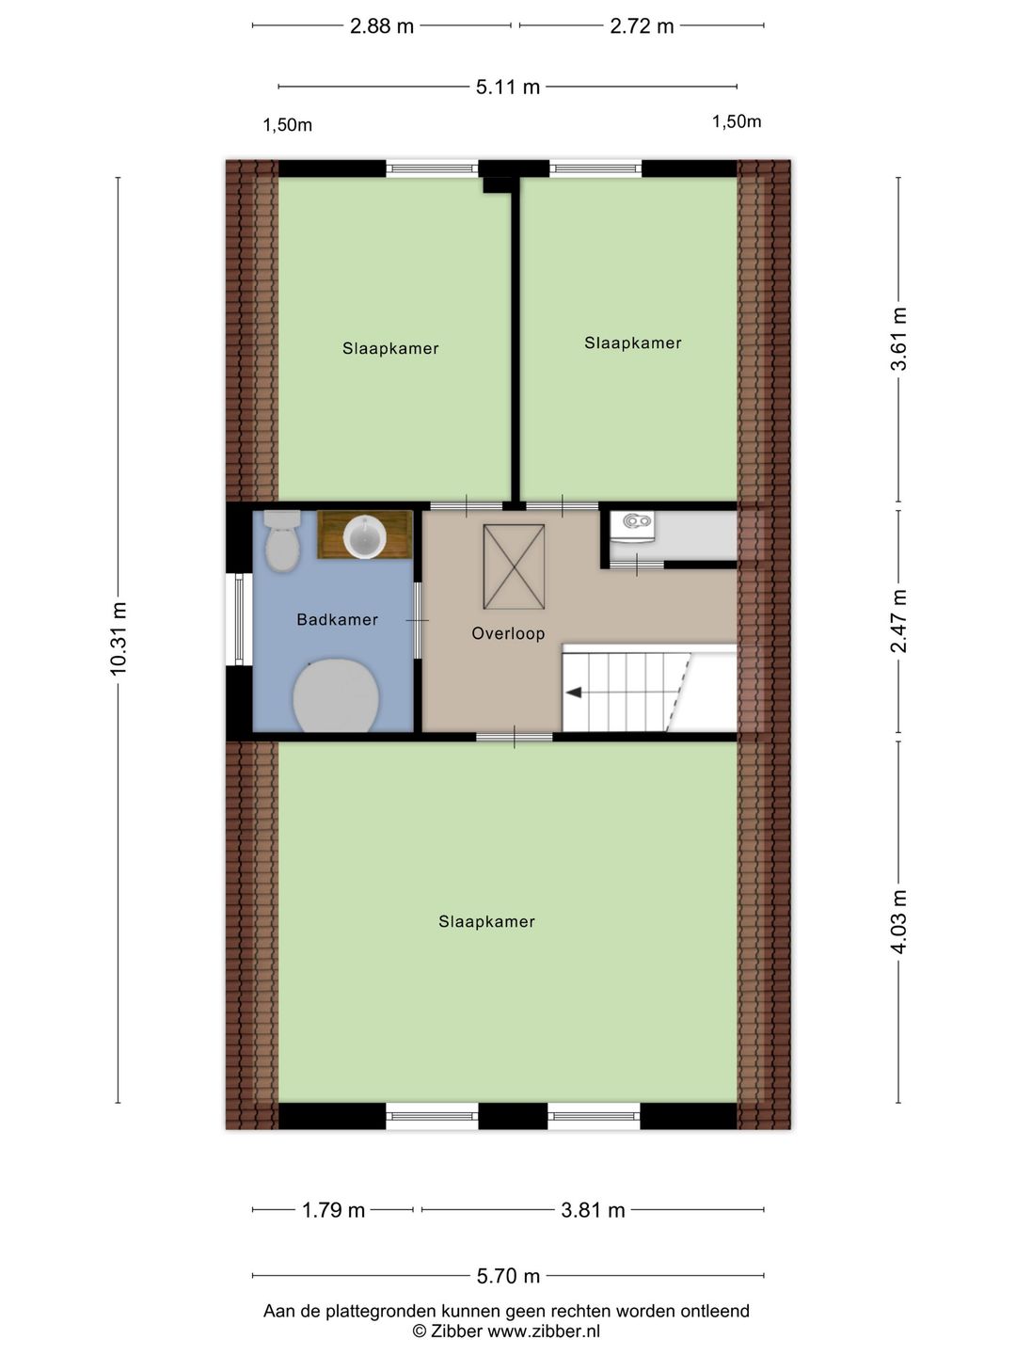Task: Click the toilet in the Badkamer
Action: pos(282,541)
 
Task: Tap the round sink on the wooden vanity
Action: pos(365,536)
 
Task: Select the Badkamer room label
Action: pos(337,620)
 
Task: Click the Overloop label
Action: pos(508,633)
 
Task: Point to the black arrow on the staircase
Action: pos(574,693)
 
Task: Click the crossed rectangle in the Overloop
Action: pos(514,566)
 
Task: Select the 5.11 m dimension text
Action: pos(508,88)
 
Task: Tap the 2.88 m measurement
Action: pos(382,26)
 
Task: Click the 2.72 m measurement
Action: pos(642,26)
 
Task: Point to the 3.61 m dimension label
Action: pos(898,339)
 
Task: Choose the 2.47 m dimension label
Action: pos(898,621)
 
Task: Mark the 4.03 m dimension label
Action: pos(898,922)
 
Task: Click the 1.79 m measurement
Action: pos(333,1210)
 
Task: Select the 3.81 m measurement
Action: pos(593,1210)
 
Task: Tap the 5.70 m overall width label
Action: pos(508,1276)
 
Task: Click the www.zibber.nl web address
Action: pos(544,1331)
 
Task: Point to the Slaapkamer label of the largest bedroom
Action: pos(486,921)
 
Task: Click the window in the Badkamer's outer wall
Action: pos(239,619)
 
